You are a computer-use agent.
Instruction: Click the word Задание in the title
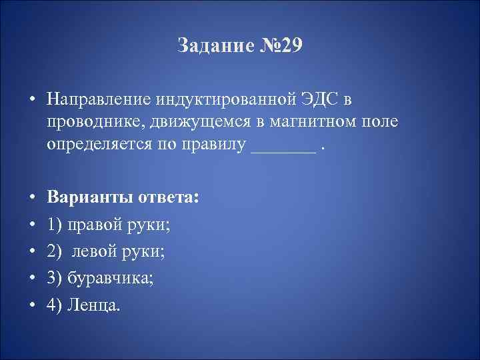(x=213, y=46)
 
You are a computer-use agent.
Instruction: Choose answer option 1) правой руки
(x=109, y=226)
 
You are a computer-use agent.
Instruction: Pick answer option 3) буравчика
(x=101, y=278)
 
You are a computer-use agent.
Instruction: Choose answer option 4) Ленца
(x=85, y=305)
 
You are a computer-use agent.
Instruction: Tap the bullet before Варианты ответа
(x=31, y=200)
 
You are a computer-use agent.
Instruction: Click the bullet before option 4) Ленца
(x=31, y=305)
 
